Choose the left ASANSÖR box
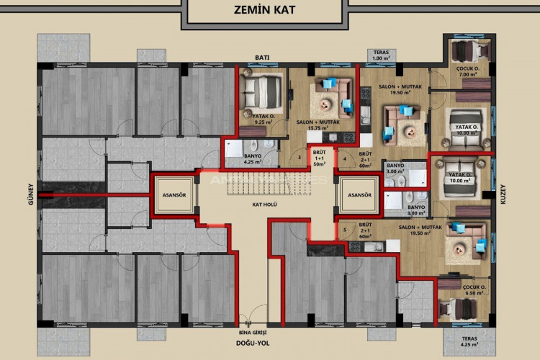pos(174,195)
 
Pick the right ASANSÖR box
pos(358,195)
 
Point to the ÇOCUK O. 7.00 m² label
pos(469,71)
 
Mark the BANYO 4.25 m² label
pos(253,158)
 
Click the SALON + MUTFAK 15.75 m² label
pos(318,125)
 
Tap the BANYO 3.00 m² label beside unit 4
pos(396,168)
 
